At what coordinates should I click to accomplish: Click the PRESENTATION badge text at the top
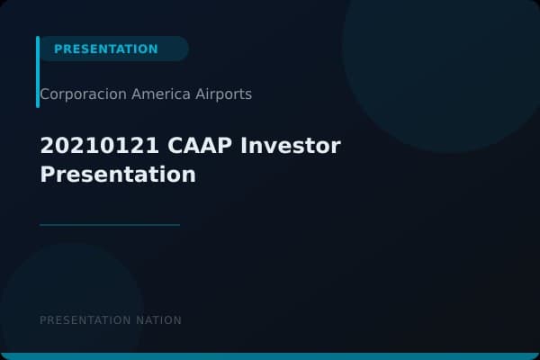pos(105,49)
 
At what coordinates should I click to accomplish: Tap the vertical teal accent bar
pos(38,72)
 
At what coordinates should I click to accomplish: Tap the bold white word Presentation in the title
pos(118,175)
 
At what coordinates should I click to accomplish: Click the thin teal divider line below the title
pos(110,225)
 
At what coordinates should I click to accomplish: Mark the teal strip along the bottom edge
pos(270,356)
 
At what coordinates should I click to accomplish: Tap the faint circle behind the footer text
pos(72,297)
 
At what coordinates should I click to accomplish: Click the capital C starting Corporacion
pos(45,94)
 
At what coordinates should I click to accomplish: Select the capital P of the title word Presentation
pos(47,175)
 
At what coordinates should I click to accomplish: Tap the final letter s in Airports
pos(248,94)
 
